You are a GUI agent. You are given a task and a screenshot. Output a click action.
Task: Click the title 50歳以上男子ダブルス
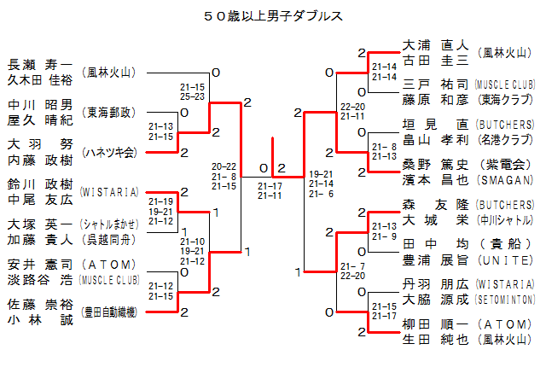[274, 16]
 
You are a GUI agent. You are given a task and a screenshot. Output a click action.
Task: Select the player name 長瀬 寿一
[40, 64]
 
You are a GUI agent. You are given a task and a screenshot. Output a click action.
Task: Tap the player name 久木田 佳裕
[40, 80]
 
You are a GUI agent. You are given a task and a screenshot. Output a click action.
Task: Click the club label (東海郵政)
[108, 113]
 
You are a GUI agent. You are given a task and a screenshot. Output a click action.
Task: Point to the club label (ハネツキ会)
[108, 153]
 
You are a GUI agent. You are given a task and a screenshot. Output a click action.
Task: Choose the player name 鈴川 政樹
[40, 184]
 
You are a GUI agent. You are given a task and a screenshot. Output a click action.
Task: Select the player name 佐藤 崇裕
[40, 305]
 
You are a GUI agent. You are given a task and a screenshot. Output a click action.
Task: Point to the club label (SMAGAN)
[504, 180]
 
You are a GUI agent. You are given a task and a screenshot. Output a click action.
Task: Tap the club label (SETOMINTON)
[504, 300]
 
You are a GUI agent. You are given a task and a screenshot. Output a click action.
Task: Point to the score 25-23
[192, 96]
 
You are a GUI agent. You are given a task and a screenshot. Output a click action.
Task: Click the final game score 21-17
[270, 185]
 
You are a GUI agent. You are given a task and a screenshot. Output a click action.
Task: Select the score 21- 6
[321, 195]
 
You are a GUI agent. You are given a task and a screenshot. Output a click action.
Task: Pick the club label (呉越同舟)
[108, 238]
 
